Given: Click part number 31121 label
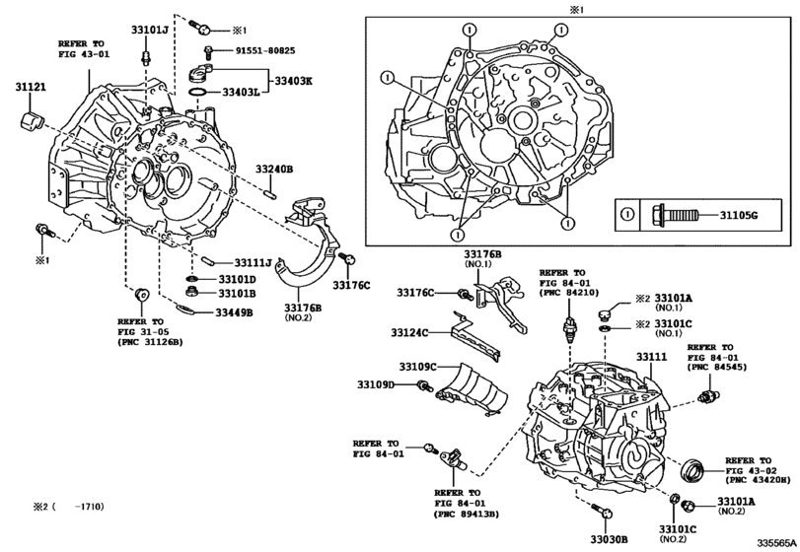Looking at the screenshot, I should click(30, 87).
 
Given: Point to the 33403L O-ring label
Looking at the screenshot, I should click(241, 93).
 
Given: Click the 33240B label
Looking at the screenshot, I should click(274, 170).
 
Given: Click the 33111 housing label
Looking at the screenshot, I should click(652, 357).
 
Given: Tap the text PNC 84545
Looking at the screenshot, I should click(713, 368).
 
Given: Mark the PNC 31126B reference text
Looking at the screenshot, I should click(152, 343).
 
